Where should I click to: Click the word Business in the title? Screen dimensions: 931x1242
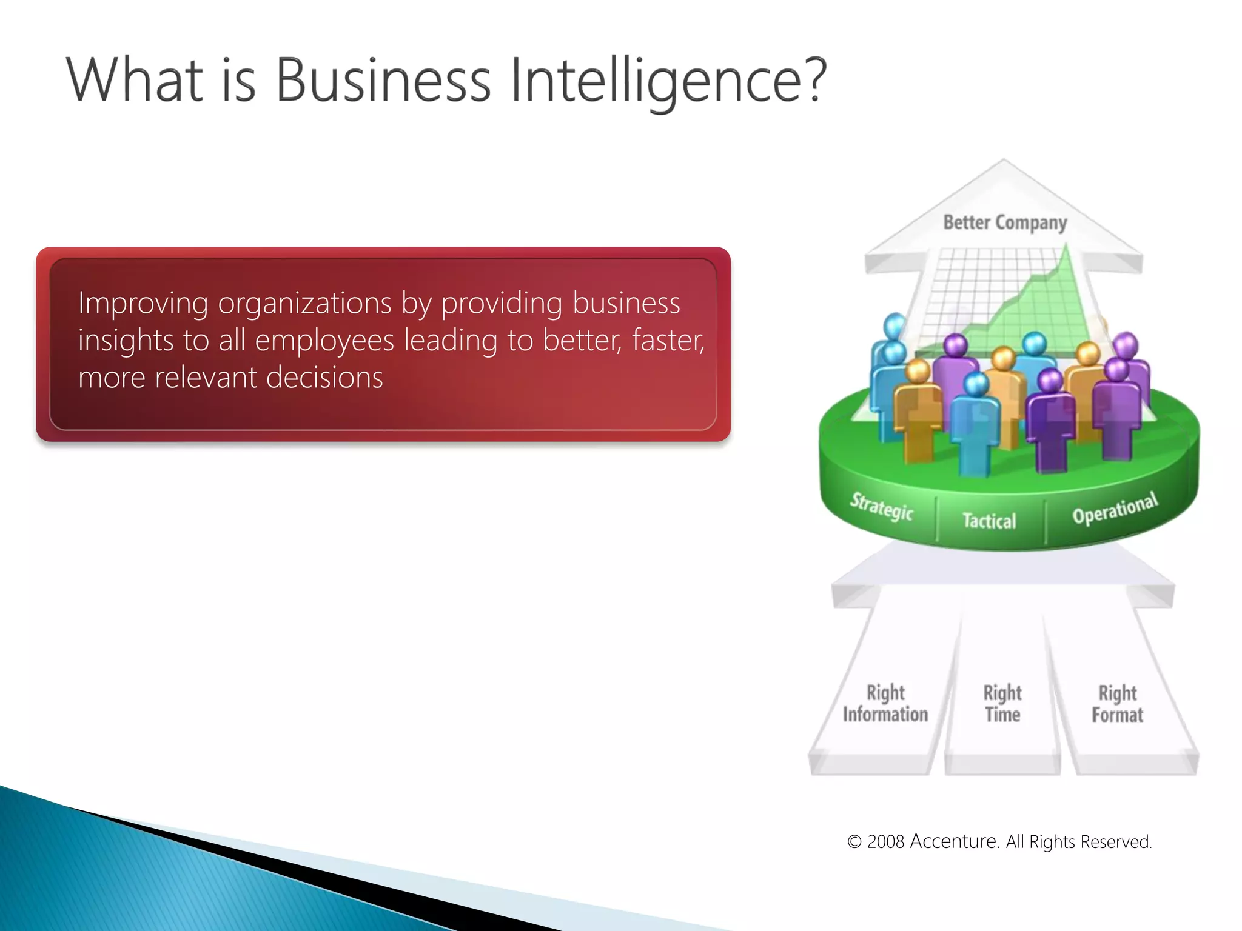383,80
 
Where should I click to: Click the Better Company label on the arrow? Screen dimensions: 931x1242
1005,222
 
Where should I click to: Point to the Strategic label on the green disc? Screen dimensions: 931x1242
881,507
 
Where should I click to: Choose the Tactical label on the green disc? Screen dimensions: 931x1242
989,521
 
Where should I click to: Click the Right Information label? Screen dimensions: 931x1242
885,704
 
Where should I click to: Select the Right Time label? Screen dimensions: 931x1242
1002,704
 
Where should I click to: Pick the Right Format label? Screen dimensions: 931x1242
1117,704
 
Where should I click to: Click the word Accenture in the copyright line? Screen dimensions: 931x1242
955,841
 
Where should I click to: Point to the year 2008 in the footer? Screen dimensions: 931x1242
885,842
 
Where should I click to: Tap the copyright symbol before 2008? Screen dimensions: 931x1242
854,842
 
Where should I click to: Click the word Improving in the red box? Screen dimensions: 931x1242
143,304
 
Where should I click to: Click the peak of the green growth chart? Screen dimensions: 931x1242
1066,247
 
